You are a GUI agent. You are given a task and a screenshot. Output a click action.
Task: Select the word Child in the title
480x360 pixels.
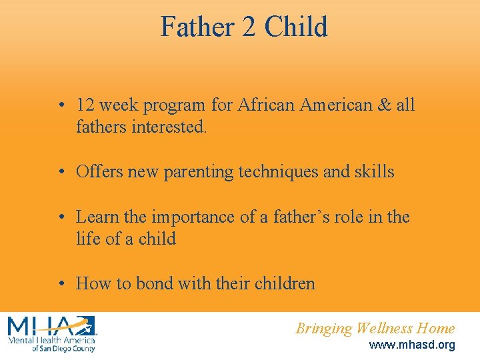coord(296,27)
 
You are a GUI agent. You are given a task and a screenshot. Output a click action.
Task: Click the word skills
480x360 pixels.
coord(375,172)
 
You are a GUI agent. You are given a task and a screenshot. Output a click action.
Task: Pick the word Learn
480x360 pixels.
coord(96,217)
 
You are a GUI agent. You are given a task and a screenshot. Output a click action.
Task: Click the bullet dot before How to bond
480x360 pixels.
coord(61,284)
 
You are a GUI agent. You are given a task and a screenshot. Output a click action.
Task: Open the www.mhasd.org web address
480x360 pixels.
coord(412,345)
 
